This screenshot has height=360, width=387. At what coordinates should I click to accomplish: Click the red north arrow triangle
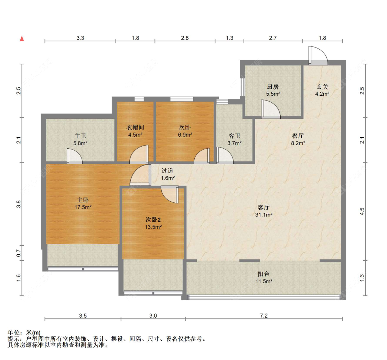[x=22, y=38]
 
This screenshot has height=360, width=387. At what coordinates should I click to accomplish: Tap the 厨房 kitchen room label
[x=272, y=87]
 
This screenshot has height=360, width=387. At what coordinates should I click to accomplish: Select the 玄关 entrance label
[x=322, y=87]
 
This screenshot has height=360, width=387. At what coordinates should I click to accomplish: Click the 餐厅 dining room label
[x=298, y=136]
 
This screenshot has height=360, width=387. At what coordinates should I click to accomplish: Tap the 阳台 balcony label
[x=264, y=274]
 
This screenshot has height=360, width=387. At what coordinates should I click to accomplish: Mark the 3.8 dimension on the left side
[x=20, y=204]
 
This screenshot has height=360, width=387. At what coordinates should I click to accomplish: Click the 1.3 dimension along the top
[x=229, y=38]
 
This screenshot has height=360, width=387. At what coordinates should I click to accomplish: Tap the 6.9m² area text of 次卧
[x=185, y=135]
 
